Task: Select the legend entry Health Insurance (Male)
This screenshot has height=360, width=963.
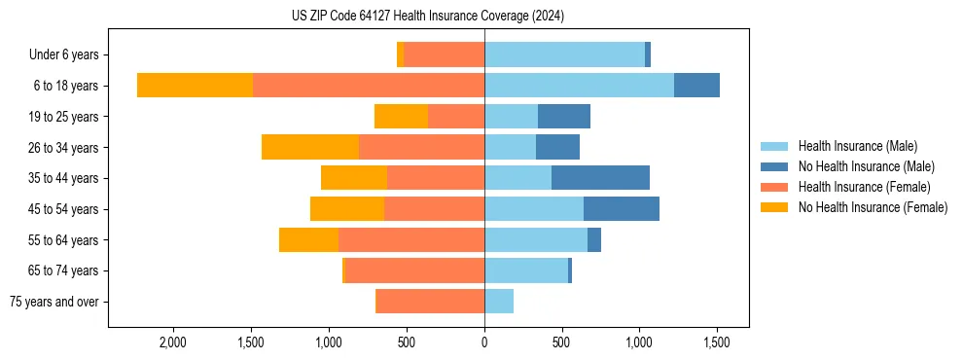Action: [857, 146]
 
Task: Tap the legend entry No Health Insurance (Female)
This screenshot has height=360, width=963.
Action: [873, 207]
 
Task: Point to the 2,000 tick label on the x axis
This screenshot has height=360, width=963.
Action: [173, 343]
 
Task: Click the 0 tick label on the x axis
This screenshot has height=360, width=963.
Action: [484, 343]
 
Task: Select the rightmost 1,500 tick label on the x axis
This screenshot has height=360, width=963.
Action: [717, 343]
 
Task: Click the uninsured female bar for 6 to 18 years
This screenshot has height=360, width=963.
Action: [195, 86]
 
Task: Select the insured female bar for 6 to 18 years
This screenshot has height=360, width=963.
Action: [369, 86]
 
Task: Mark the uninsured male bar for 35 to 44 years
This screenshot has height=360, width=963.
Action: [600, 178]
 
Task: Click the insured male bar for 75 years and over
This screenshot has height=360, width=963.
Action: [499, 302]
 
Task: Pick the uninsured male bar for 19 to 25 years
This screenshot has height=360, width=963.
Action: [564, 117]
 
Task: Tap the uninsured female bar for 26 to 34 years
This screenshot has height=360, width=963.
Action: [310, 147]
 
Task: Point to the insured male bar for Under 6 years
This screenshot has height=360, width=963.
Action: [564, 55]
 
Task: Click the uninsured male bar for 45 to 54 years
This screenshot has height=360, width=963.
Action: [622, 209]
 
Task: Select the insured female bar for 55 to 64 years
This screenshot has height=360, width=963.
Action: [411, 240]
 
